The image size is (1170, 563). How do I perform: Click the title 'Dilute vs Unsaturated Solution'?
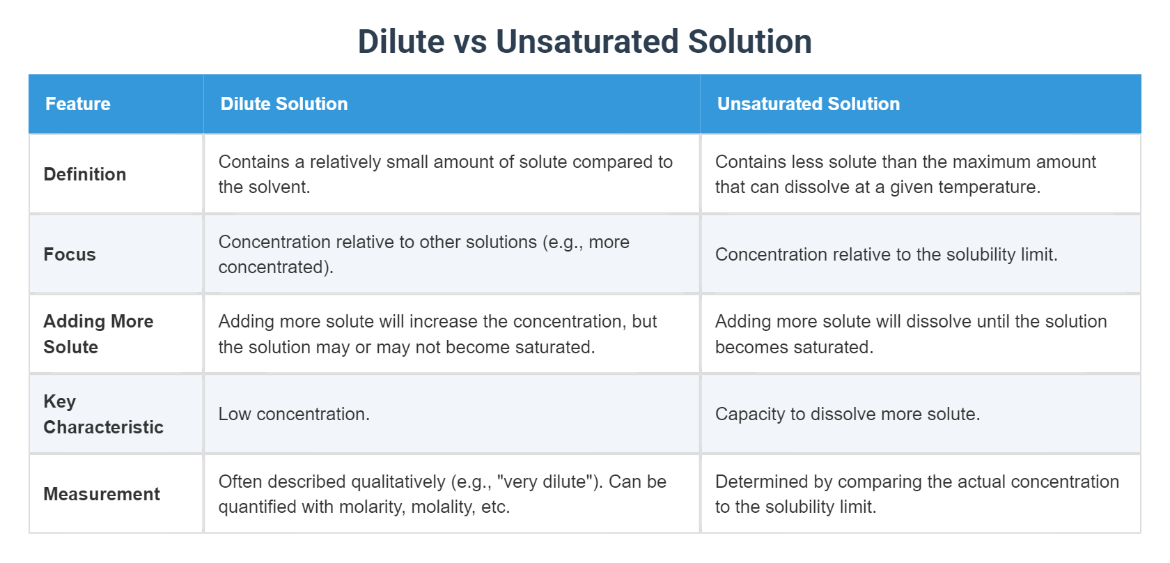[x=584, y=42]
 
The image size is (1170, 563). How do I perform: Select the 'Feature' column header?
[x=78, y=104]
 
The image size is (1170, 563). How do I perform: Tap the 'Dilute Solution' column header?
[x=284, y=104]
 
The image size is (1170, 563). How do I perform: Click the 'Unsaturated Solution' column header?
[x=809, y=104]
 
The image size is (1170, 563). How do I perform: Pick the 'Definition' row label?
[x=85, y=174]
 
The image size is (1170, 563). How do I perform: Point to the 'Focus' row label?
[x=70, y=254]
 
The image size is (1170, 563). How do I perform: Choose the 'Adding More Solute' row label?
[x=98, y=334]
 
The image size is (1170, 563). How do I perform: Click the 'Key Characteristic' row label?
[x=103, y=414]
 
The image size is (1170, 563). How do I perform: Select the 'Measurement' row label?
[x=102, y=494]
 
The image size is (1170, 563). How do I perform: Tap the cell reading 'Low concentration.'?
[x=294, y=414]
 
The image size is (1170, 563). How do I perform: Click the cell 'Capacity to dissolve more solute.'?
[x=848, y=414]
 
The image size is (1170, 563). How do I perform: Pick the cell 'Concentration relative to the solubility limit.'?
[x=886, y=254]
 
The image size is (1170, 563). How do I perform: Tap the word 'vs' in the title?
[x=470, y=42]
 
